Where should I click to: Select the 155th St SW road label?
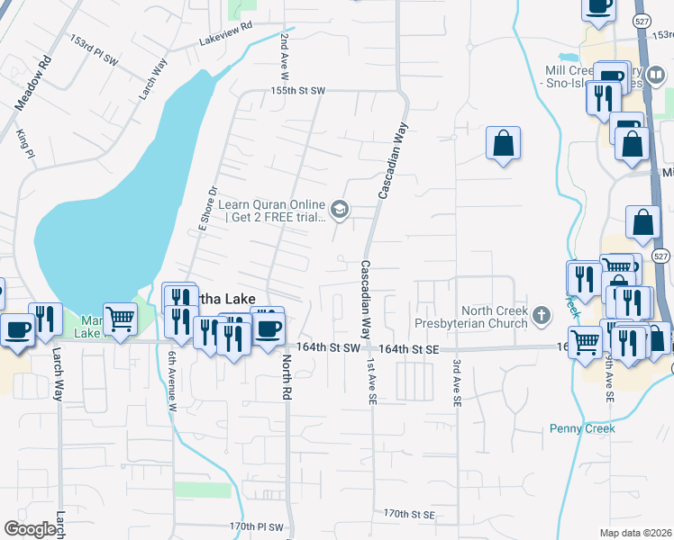[x=299, y=91]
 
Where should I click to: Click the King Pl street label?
[x=24, y=144]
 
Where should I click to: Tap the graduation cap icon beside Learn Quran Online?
[x=340, y=211]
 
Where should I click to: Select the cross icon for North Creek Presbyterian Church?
[x=541, y=315]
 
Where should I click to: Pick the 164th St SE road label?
[x=409, y=347]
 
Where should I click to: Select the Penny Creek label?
[x=582, y=428]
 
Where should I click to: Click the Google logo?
[x=31, y=529]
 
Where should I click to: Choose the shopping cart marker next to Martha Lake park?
[x=120, y=318]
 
